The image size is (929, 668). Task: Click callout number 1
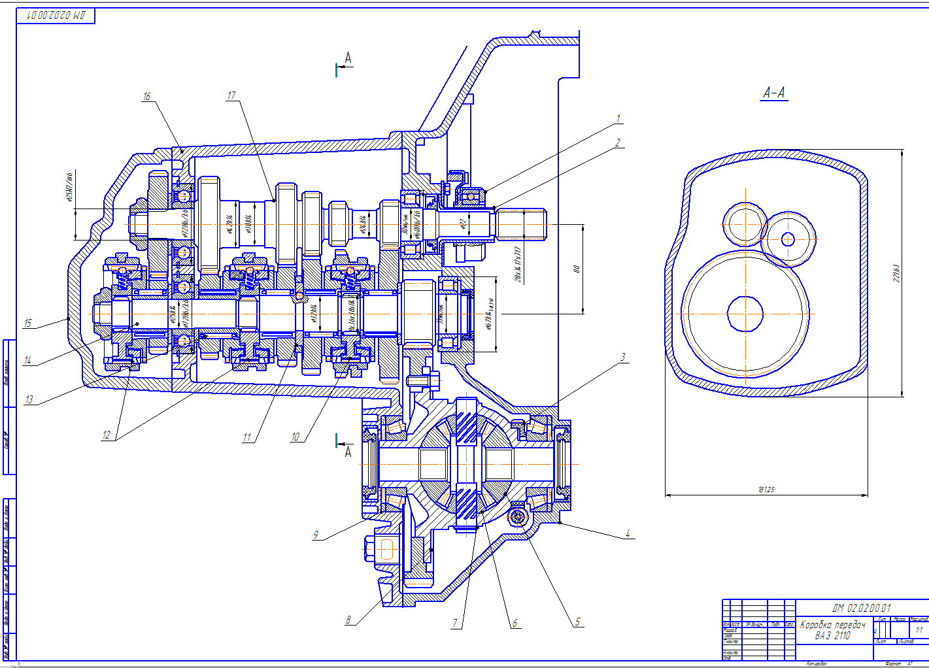(x=618, y=119)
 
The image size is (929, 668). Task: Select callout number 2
(x=618, y=142)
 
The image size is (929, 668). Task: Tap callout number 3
(x=623, y=358)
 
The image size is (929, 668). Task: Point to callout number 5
(x=577, y=622)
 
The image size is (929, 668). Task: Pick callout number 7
(x=455, y=623)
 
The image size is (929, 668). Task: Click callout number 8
(x=348, y=620)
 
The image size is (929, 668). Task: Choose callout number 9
(x=316, y=535)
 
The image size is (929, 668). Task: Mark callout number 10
(x=296, y=437)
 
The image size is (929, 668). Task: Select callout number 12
(x=107, y=435)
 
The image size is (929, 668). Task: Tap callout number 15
(x=27, y=323)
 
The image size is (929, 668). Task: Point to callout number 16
(x=146, y=96)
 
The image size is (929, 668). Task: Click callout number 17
(x=231, y=95)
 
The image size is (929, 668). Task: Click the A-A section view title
(x=774, y=93)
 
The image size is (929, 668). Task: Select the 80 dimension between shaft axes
(x=576, y=269)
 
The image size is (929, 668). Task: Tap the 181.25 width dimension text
(x=766, y=489)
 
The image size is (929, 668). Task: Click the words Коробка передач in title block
(x=832, y=625)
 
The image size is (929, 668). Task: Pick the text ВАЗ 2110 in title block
(x=832, y=635)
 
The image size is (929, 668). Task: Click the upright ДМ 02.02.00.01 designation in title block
(x=861, y=608)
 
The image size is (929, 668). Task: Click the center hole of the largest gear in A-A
(x=745, y=314)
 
